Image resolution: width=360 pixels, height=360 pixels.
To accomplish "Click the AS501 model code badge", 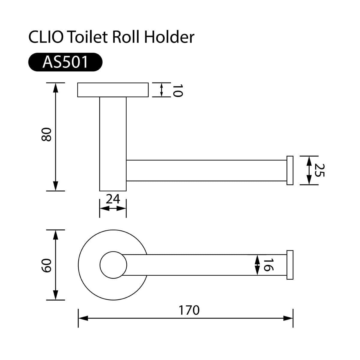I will click(x=65, y=62).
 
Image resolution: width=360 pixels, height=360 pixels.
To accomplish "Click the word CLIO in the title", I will click(x=46, y=37).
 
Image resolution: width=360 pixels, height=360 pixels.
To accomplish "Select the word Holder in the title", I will click(x=169, y=37).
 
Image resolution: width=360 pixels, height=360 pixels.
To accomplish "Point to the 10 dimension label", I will click(x=177, y=90).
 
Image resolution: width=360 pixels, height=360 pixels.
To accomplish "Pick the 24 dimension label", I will click(x=113, y=199).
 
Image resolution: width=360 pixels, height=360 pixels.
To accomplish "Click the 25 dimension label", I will click(x=320, y=170).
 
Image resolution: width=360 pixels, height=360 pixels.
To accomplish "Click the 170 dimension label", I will click(x=189, y=310).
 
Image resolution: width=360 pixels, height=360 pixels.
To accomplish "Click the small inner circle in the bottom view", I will click(x=113, y=265).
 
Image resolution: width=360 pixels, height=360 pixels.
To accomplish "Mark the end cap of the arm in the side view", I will click(x=290, y=170).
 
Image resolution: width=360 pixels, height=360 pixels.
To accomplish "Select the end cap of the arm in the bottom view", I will click(x=290, y=265).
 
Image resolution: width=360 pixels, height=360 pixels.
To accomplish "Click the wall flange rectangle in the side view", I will click(x=113, y=90).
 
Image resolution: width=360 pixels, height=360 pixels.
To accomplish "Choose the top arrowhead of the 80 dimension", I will click(x=55, y=88).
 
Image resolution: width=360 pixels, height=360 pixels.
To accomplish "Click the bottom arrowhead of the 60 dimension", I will click(x=55, y=295).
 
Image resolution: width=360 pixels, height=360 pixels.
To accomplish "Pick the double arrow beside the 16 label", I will click(x=257, y=265).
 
